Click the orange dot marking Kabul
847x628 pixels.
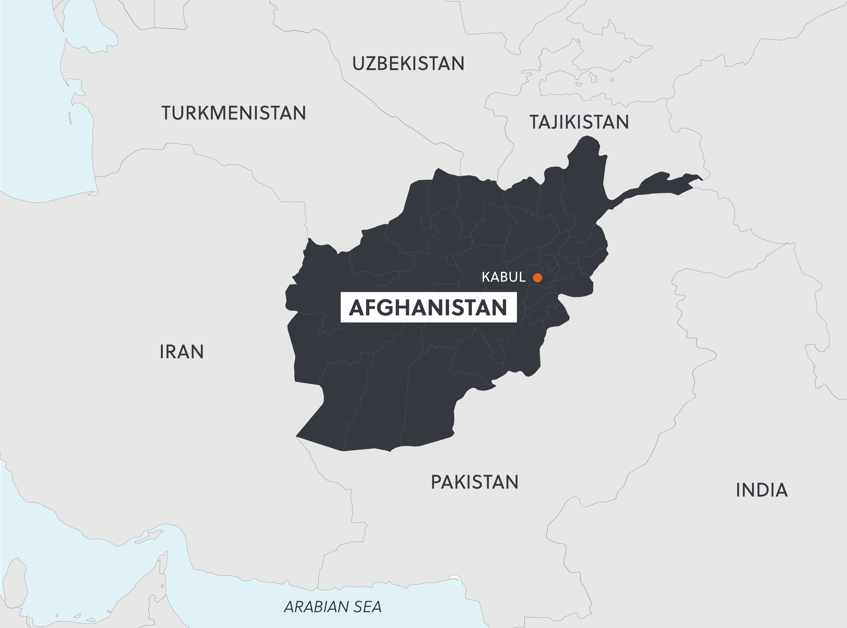click(537, 277)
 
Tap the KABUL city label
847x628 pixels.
click(504, 277)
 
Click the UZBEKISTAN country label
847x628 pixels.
click(408, 64)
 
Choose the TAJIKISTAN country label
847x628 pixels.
click(579, 122)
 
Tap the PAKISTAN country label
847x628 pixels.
click(474, 482)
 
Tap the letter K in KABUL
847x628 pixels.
click(486, 277)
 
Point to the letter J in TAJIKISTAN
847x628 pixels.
click(555, 122)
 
